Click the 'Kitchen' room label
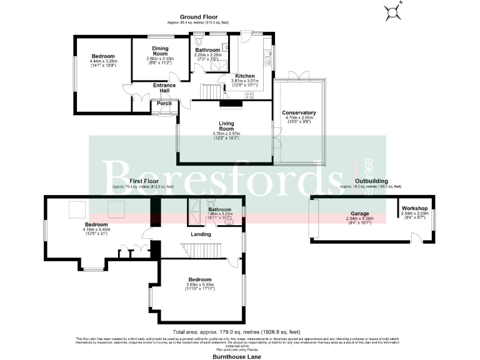(244, 76)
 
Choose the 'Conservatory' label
(301, 112)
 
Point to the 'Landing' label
(201, 234)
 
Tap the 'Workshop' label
(414, 208)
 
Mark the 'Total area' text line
(237, 332)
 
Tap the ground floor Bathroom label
(207, 50)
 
